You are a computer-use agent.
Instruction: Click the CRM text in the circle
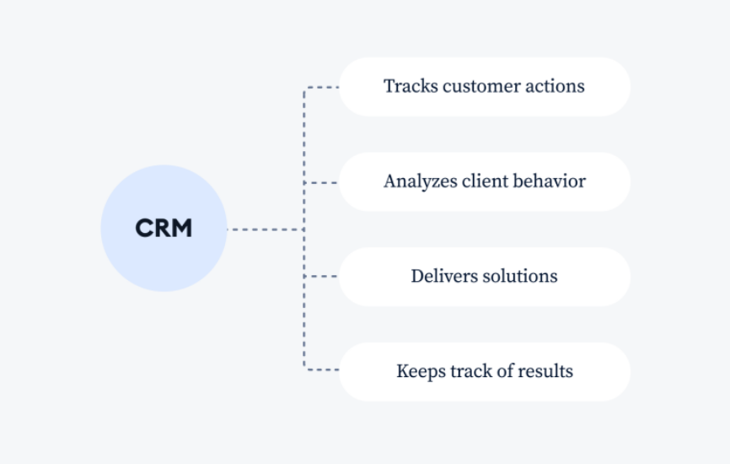(164, 229)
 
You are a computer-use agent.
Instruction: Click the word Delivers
(444, 276)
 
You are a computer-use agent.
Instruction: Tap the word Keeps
(421, 372)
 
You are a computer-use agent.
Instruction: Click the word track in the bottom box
(471, 371)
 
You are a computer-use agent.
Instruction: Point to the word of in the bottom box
(505, 371)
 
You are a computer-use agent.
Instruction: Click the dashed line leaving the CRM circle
(266, 229)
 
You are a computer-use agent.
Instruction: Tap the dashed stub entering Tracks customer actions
(321, 87)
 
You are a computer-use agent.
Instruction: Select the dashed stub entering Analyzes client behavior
(321, 182)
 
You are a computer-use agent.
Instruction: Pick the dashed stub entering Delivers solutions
(321, 276)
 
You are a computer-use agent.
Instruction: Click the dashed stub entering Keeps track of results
(321, 370)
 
